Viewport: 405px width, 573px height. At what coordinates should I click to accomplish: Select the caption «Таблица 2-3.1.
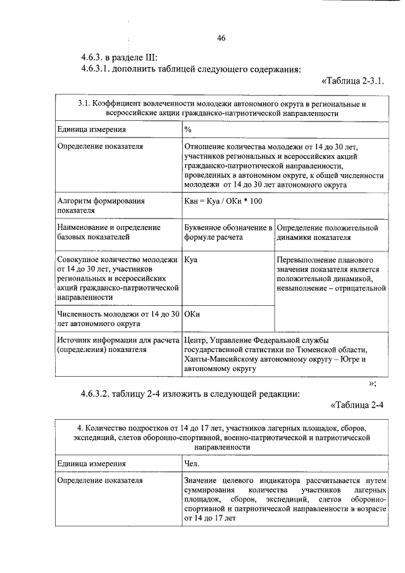coord(354,82)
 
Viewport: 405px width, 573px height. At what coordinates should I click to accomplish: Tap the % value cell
coord(188,129)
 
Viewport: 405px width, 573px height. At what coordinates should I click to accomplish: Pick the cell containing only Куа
coord(190,260)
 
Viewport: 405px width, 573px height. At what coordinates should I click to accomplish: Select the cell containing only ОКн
coord(192,313)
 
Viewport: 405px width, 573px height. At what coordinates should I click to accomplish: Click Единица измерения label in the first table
coord(91,129)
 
